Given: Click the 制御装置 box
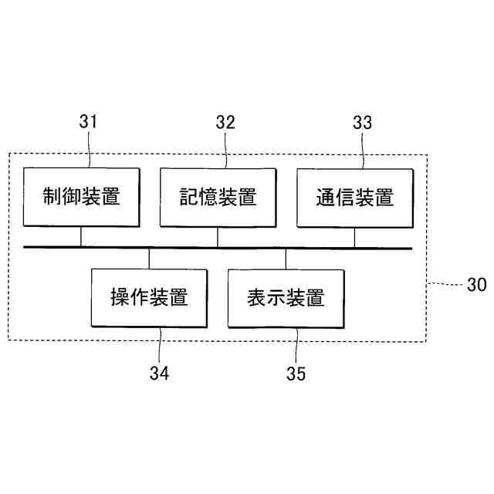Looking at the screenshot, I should pos(81,197).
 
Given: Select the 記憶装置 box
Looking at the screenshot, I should pos(218,197).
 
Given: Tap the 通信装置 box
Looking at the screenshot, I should pos(354,197).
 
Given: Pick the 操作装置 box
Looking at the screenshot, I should pos(149,297).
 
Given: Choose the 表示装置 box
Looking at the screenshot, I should pos(286,297).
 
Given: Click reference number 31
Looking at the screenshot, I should pos(90,122).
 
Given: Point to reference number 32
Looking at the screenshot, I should pos(225,122).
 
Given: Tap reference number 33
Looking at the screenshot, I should pos(362,122).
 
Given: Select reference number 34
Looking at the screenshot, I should pos(160,374).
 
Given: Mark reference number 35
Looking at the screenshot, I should pos(296,374).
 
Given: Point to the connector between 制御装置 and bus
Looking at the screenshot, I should pos(81,236).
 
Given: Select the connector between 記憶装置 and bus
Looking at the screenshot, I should pos(218,236).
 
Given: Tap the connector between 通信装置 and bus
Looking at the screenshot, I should pos(354,236).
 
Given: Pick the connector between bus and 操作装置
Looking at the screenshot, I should pos(149,258).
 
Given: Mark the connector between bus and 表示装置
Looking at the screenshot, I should pos(286,258).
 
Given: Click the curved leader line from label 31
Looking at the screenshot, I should pos(90,151).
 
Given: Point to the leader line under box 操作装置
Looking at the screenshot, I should pos(158,343).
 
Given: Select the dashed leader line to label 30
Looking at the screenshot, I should pos(445,283).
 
